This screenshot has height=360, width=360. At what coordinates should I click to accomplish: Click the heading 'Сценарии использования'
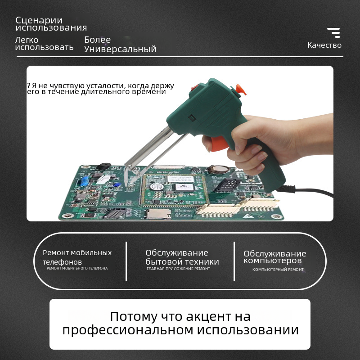pos(51,24)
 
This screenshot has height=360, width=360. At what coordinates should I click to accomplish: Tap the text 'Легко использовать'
pos(44,44)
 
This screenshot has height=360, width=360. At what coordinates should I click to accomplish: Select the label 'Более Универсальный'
pos(120,45)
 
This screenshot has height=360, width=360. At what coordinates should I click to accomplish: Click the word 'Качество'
pos(324,45)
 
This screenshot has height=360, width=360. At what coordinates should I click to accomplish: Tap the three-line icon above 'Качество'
pos(333,32)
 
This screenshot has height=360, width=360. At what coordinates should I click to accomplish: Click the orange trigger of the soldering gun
pos(219,144)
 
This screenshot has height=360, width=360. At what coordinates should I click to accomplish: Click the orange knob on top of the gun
pos(240,89)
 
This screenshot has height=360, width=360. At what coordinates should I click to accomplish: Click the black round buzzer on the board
pos(103,166)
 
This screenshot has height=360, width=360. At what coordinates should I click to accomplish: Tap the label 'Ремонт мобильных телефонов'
pos(77,257)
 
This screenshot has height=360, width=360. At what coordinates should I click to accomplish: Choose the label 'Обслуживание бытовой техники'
pos(182,257)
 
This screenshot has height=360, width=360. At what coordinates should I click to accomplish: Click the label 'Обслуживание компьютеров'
pos(275,257)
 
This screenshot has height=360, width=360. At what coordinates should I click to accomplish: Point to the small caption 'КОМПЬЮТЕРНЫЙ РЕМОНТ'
pos(278,270)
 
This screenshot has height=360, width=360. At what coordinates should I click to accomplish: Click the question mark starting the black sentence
pos(28,85)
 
